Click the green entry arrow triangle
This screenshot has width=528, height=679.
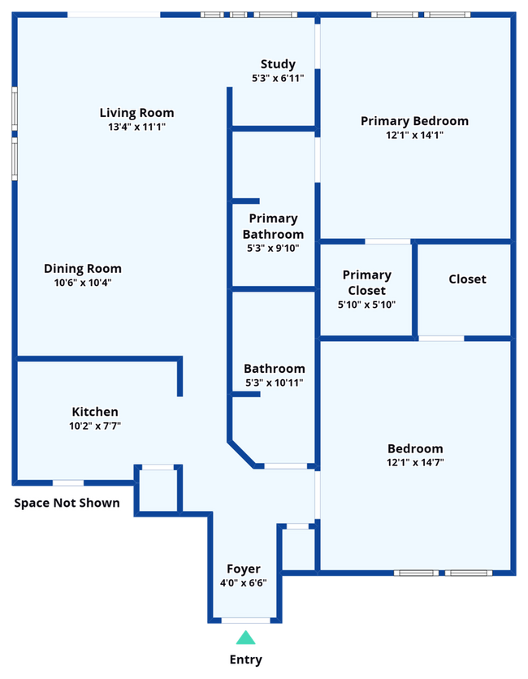coord(245,638)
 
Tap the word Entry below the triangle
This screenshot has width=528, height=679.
coord(245,660)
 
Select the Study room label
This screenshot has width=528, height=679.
coord(278,64)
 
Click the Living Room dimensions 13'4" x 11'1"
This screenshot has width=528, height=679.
coord(136,127)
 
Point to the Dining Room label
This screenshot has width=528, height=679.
coord(83,269)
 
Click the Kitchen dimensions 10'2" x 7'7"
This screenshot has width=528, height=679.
coord(95,426)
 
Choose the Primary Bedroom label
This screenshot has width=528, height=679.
coord(414,121)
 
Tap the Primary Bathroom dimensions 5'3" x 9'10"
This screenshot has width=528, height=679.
coord(273,249)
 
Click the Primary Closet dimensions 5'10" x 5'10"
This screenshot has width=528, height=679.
coord(366,305)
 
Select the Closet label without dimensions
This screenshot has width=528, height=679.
coord(467,279)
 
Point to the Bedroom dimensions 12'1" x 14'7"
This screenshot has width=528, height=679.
coord(415,462)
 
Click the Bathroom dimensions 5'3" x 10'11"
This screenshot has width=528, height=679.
coord(275,383)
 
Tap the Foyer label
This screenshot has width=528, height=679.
coord(244,569)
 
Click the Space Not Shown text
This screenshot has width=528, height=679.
coord(67,503)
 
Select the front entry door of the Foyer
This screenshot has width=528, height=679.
coord(245,621)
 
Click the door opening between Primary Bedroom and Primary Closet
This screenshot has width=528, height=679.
coord(387,241)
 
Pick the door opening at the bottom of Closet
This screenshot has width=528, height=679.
coord(441,338)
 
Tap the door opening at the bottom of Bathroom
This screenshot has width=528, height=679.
coord(285,466)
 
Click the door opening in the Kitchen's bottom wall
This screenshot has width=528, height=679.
coord(68,482)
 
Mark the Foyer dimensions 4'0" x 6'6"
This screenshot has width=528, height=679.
coord(244,583)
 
